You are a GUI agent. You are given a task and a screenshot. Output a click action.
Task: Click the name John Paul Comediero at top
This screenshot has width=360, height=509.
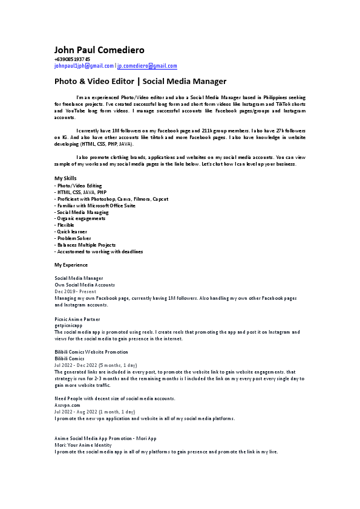pos(100,50)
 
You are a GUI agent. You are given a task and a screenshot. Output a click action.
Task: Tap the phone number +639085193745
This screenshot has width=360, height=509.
pos(72,60)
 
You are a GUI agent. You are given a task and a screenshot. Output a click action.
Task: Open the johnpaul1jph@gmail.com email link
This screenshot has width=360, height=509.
pos(83,66)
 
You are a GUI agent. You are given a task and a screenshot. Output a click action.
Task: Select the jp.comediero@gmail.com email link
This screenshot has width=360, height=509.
pos(147,66)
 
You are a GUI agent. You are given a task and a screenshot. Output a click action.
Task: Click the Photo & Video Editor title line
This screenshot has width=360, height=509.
pos(140,81)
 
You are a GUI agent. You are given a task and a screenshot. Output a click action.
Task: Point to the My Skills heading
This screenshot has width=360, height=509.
pos(65,178)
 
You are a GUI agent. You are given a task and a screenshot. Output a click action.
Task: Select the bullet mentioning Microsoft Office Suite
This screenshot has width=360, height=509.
pos(95,206)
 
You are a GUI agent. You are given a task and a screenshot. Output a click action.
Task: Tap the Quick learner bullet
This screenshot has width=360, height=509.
pos(71,232)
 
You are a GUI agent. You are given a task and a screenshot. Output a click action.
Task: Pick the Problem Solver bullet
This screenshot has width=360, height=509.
pos(73,238)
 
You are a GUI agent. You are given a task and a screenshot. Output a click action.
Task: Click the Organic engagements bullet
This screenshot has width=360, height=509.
pos(80,219)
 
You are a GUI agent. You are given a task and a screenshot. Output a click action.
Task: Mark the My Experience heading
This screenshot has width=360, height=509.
pos(71,265)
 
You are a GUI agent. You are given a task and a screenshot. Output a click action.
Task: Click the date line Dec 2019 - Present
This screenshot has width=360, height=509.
pos(75,291)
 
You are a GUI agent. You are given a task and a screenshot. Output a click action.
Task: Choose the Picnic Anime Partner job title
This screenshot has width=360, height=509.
pos(77,319)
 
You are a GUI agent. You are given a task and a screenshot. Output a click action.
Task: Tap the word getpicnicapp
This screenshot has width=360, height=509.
pos(68,325)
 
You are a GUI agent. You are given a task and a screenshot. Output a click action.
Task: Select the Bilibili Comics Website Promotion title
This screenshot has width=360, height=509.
pos(91,352)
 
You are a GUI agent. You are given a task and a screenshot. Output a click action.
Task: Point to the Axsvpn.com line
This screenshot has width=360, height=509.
pos(67,405)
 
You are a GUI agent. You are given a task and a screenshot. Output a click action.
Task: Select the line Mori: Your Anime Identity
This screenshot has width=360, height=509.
pos(83,444)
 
